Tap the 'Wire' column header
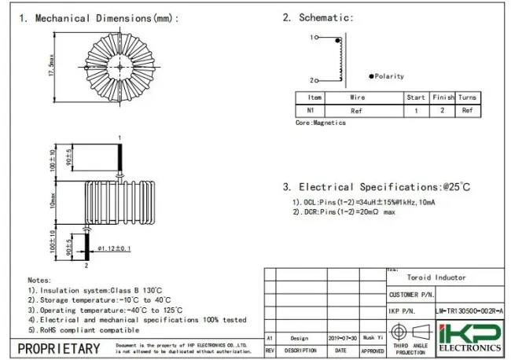click(x=357, y=98)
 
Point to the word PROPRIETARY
click(x=59, y=348)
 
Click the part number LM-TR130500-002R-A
click(x=469, y=312)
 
